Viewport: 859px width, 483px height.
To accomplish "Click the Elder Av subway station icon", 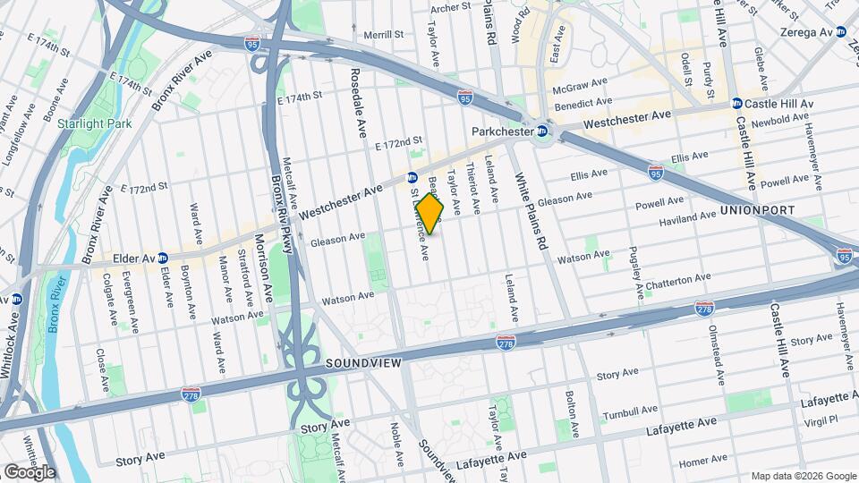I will [164, 258].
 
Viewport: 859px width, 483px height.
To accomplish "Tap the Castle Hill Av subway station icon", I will [736, 104].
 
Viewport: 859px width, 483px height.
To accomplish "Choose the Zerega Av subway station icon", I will [841, 31].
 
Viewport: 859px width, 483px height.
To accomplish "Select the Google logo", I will [30, 470].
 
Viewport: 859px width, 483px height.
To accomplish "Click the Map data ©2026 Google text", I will [803, 476].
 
